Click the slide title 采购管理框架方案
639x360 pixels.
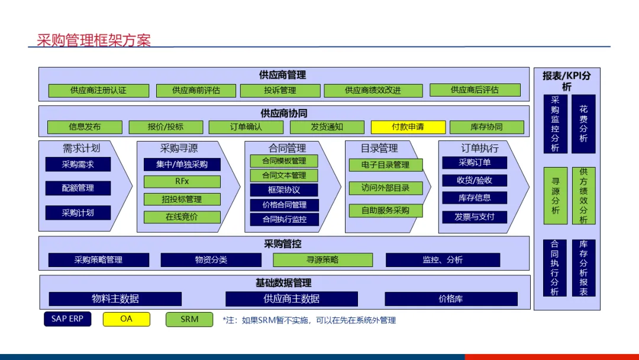point(93,40)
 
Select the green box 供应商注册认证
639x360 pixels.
point(98,91)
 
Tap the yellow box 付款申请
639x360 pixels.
point(408,127)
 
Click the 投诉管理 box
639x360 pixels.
point(280,91)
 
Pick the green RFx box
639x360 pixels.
point(182,181)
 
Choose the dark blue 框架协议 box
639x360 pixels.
point(284,190)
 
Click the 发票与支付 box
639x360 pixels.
point(475,217)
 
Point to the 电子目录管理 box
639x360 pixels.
point(385,165)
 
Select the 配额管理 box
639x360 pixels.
point(78,188)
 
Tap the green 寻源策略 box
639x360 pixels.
point(322,260)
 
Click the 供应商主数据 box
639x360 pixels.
point(292,299)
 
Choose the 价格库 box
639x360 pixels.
point(451,299)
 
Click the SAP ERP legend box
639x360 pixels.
point(67,319)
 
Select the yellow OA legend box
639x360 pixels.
point(127,319)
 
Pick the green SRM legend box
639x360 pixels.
point(189,319)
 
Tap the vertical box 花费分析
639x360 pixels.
point(583,124)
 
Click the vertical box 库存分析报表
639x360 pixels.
point(583,268)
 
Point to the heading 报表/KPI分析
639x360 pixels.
point(566,81)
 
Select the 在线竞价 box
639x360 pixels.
point(182,217)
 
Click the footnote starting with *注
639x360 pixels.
point(309,320)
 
